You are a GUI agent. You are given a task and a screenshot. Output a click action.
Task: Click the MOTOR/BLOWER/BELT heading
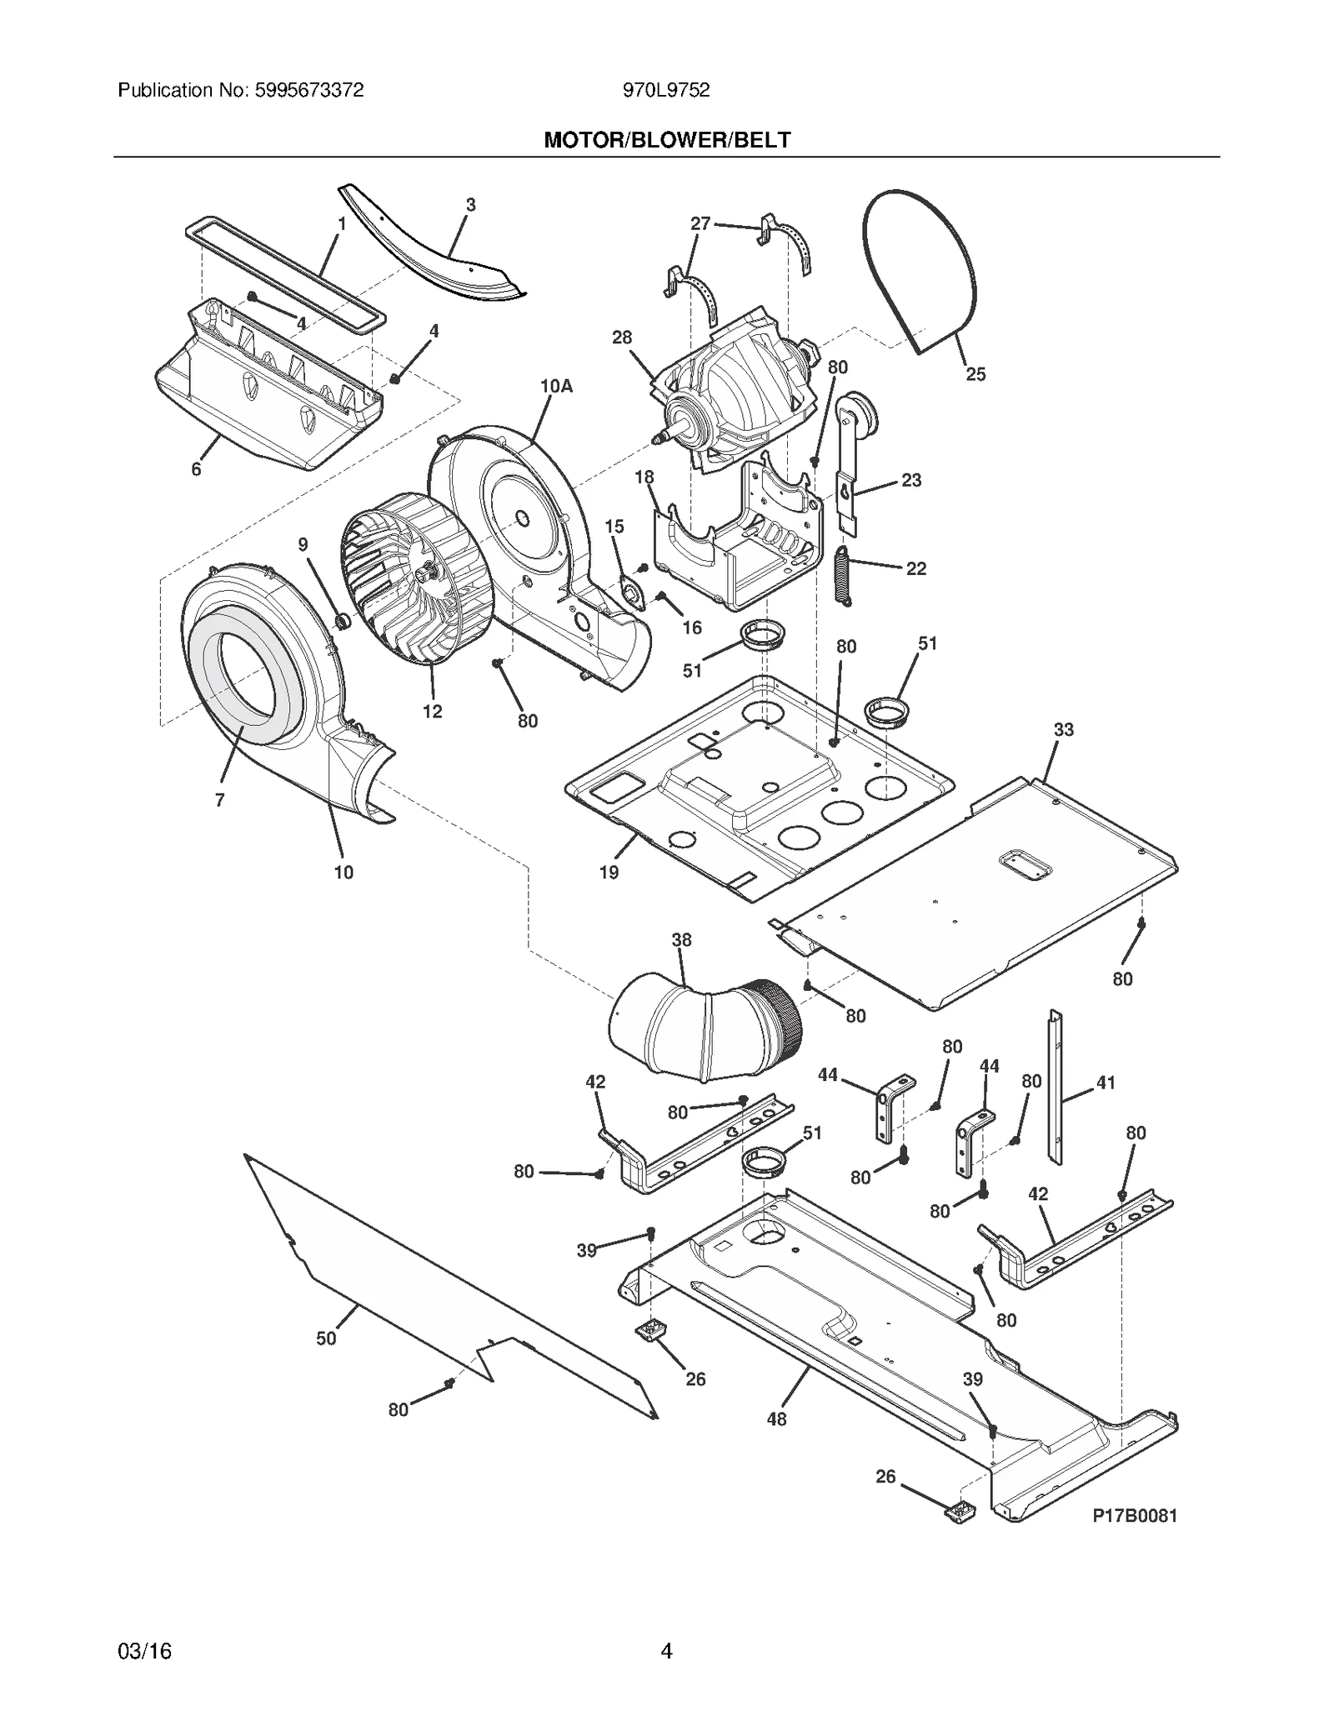click(666, 140)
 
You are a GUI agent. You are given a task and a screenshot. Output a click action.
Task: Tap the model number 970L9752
click(666, 90)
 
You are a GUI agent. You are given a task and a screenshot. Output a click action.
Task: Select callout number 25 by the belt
click(975, 374)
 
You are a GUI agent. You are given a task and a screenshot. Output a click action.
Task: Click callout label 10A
click(556, 386)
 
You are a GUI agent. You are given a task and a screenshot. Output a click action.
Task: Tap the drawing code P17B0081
click(1135, 1516)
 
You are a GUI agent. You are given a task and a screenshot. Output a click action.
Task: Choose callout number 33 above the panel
click(1063, 729)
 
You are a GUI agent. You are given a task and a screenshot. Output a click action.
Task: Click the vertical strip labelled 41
click(1056, 1088)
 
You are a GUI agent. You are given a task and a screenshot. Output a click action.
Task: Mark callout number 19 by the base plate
click(609, 872)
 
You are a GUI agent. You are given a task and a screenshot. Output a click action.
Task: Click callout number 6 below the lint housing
click(196, 469)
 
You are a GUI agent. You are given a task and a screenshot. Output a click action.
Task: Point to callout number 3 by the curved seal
click(470, 204)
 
